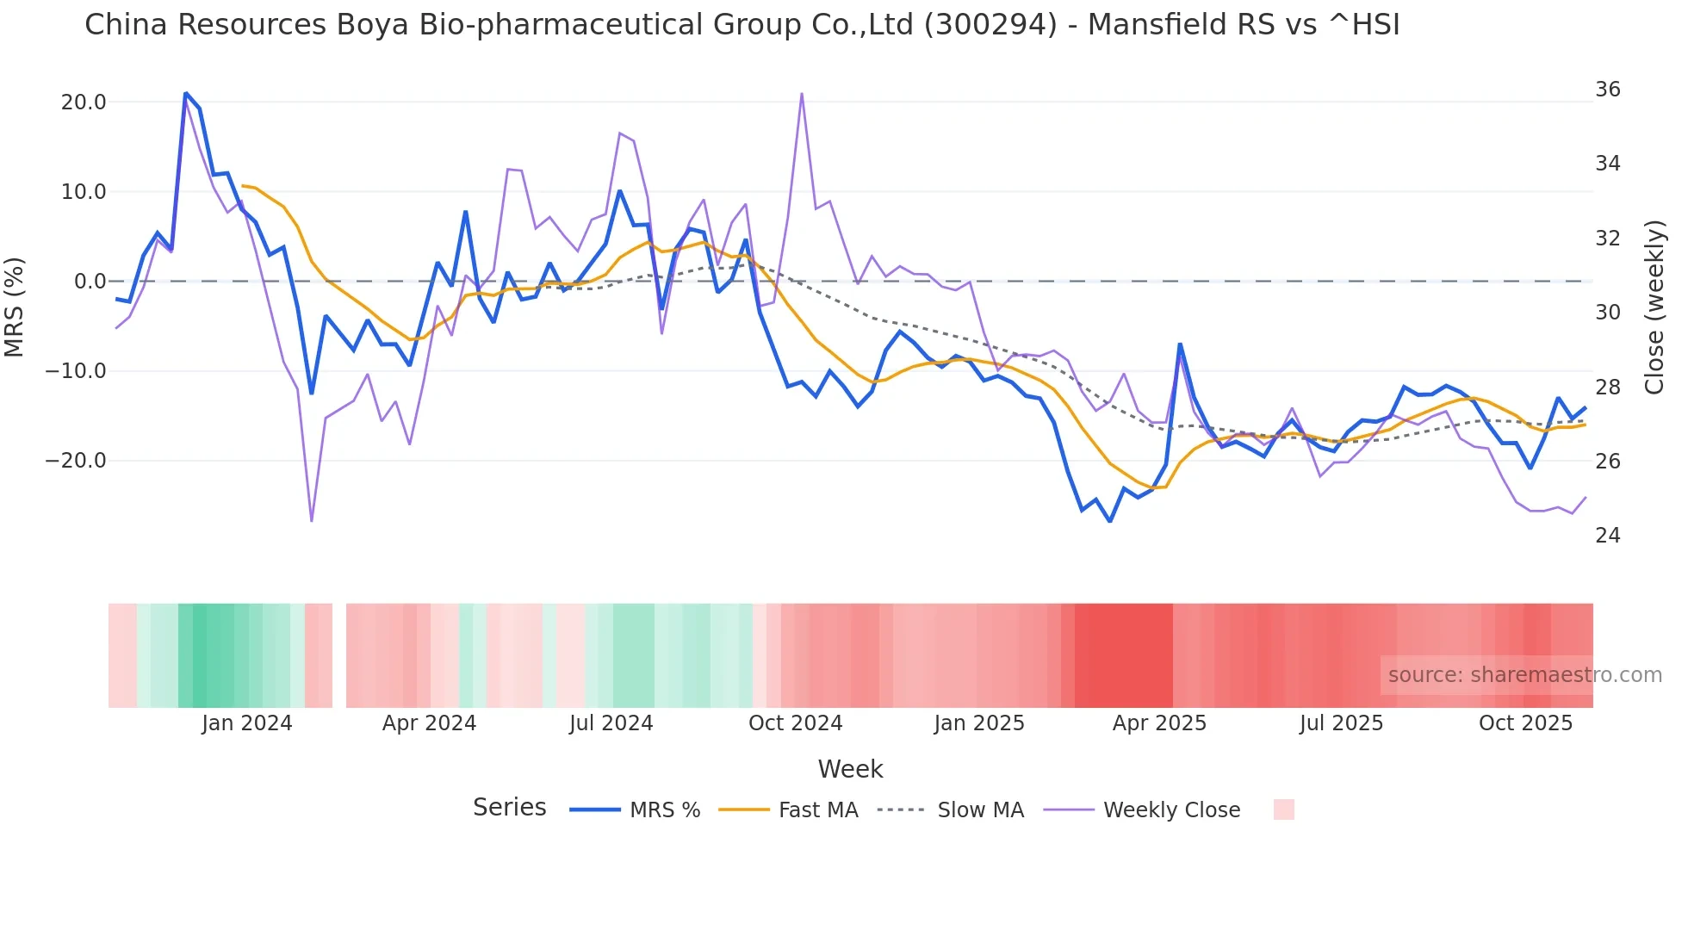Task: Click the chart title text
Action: point(742,25)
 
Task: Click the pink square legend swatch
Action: point(1283,809)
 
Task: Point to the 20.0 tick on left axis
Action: point(84,102)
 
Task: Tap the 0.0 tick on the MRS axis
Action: point(90,282)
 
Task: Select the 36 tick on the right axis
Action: point(1607,90)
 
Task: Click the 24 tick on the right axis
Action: point(1607,536)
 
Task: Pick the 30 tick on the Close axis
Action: point(1607,313)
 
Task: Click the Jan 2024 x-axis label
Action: point(247,723)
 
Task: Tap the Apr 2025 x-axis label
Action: point(1159,723)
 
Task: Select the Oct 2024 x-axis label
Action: point(795,723)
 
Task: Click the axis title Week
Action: point(850,769)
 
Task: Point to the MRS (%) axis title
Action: point(15,307)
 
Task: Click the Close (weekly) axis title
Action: point(1654,307)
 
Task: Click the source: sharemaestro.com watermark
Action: point(1524,675)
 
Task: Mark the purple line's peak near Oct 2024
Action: point(802,94)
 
